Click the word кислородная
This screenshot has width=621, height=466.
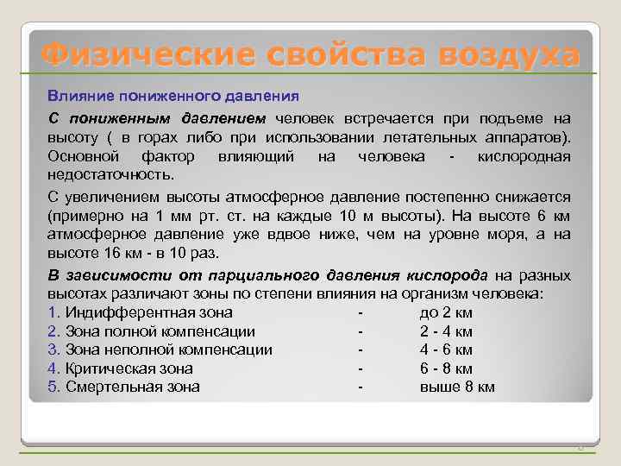point(527,156)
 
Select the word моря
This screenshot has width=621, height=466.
point(516,234)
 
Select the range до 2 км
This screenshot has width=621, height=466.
point(445,312)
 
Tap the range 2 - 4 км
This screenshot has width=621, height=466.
point(446,331)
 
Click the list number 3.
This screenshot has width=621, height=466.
point(52,350)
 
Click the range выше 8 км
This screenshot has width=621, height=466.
point(457,387)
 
